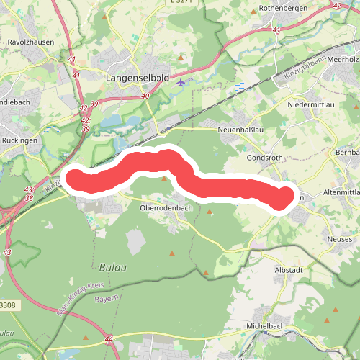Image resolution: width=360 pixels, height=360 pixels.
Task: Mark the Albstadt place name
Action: coord(291,268)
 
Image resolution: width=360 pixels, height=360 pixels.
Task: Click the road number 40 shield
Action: coord(145,96)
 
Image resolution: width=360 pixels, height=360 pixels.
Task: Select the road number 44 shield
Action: coord(108,338)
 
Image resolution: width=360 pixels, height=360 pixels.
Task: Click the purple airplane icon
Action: coord(180,81)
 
